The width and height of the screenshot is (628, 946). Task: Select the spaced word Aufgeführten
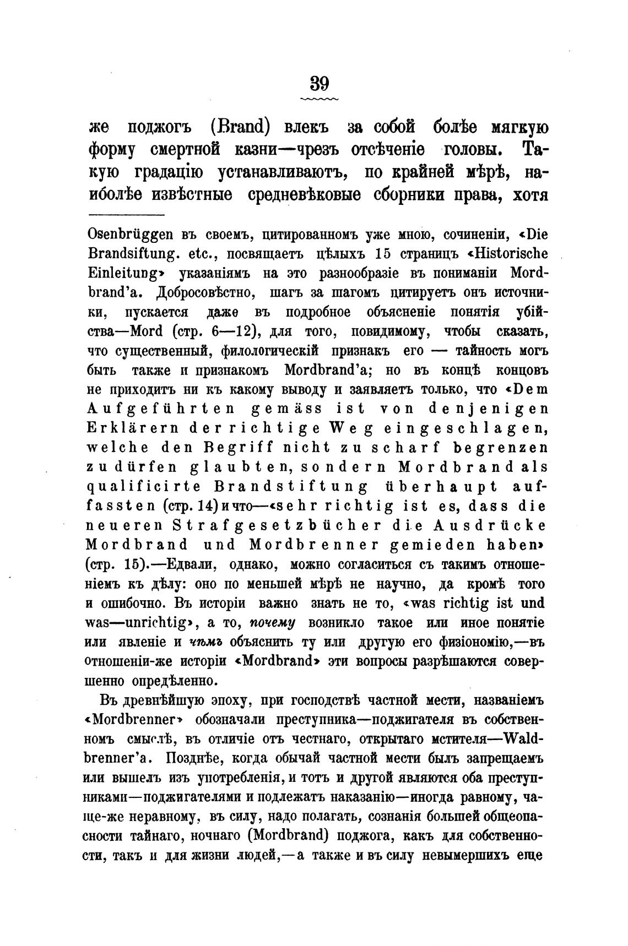pos(161,409)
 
